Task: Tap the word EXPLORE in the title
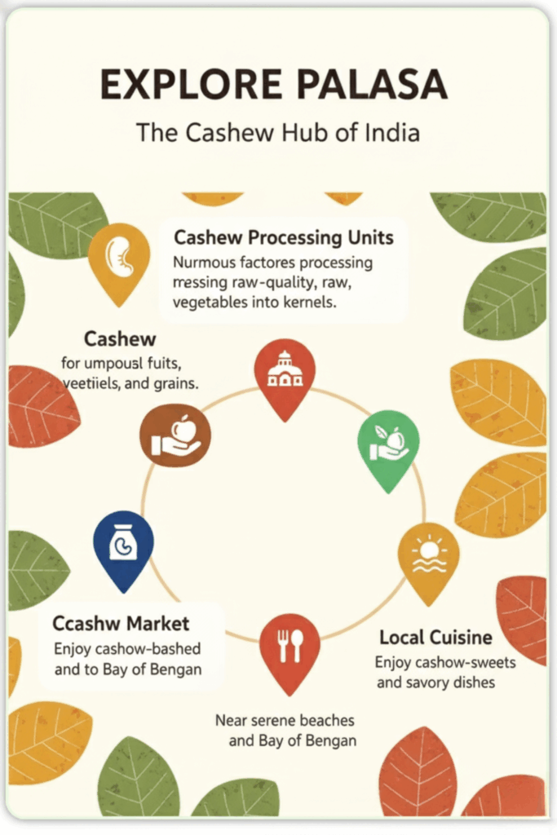pos(185,86)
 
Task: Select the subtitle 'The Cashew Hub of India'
pos(278,131)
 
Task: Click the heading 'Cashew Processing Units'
pos(284,238)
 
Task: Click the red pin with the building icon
pos(284,374)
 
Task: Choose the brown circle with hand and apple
pos(175,434)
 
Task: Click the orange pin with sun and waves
pos(428,557)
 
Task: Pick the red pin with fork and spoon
pos(290,647)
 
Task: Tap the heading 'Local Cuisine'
pos(435,637)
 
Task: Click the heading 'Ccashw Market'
pos(121,624)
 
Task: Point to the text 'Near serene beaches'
pos(285,720)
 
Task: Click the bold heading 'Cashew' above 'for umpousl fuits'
pos(120,338)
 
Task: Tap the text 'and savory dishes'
pos(435,682)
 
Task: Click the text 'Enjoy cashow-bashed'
pos(127,649)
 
